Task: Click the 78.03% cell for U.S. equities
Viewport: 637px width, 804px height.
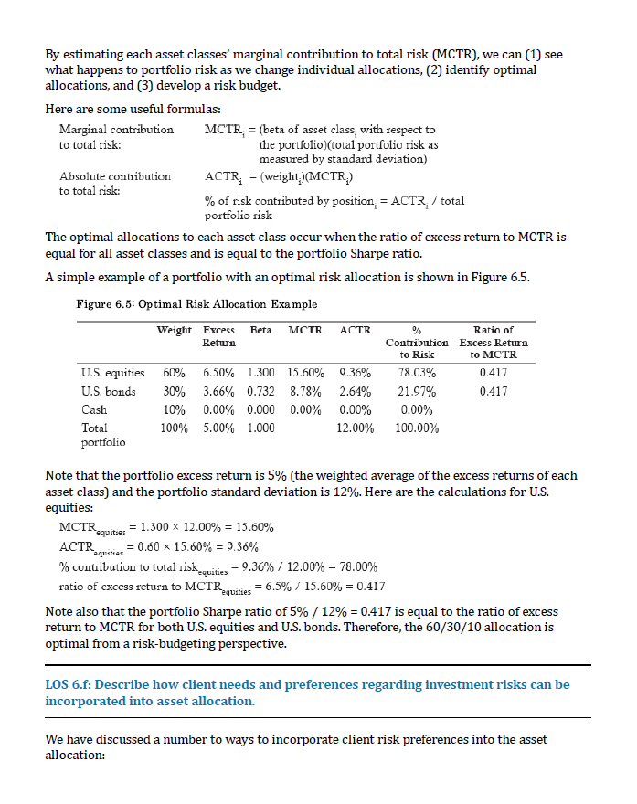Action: (x=417, y=373)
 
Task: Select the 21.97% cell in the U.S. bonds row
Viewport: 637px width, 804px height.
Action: (x=417, y=391)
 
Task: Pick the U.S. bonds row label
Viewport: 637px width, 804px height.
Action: (x=109, y=391)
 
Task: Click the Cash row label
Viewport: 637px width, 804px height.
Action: (x=94, y=409)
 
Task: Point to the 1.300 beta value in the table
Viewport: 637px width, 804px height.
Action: (x=261, y=373)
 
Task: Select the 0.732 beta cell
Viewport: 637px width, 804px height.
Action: (x=261, y=391)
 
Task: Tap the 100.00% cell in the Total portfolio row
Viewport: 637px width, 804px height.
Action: (x=417, y=428)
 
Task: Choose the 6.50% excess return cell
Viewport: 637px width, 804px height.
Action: (x=218, y=373)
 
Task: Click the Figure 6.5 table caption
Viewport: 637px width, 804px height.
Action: (x=196, y=303)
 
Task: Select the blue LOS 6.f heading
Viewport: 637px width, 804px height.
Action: (x=307, y=692)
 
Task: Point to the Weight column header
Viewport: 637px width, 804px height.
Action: (x=174, y=330)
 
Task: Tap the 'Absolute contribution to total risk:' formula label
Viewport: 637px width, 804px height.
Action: (x=114, y=183)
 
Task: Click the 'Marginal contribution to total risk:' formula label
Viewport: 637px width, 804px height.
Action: (x=116, y=137)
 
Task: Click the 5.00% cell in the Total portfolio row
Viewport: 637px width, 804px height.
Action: (x=218, y=428)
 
